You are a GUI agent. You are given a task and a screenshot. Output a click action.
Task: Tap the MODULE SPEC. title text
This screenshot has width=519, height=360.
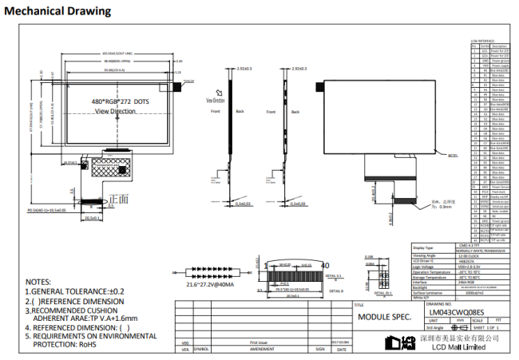tap(383, 317)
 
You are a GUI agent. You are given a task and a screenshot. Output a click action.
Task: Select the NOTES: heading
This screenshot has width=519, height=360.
tap(38, 282)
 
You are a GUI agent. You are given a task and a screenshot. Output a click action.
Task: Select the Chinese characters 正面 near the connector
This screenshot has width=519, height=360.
tap(117, 198)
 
